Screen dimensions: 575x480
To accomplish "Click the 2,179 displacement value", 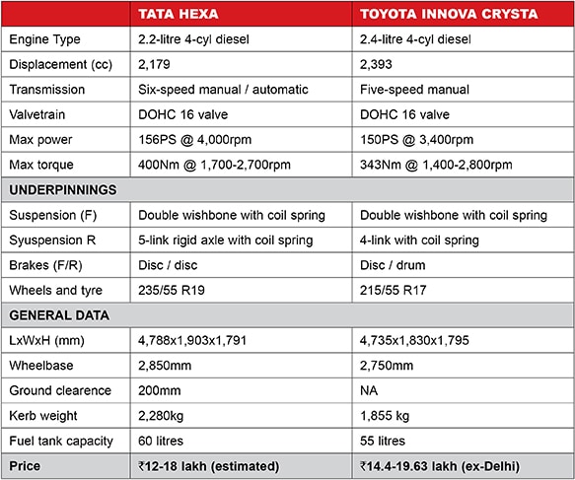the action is click(156, 64).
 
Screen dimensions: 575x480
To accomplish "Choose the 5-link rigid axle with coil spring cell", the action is click(226, 240).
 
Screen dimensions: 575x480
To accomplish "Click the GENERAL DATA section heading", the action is click(58, 315).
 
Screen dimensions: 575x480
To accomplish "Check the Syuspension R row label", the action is click(51, 240).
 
